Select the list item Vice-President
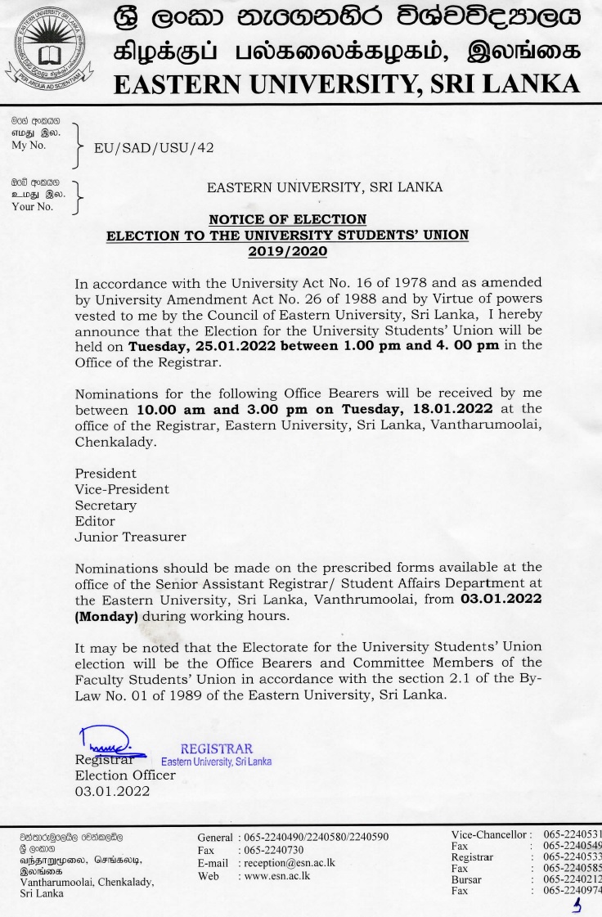(x=122, y=488)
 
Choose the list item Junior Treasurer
(x=130, y=537)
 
